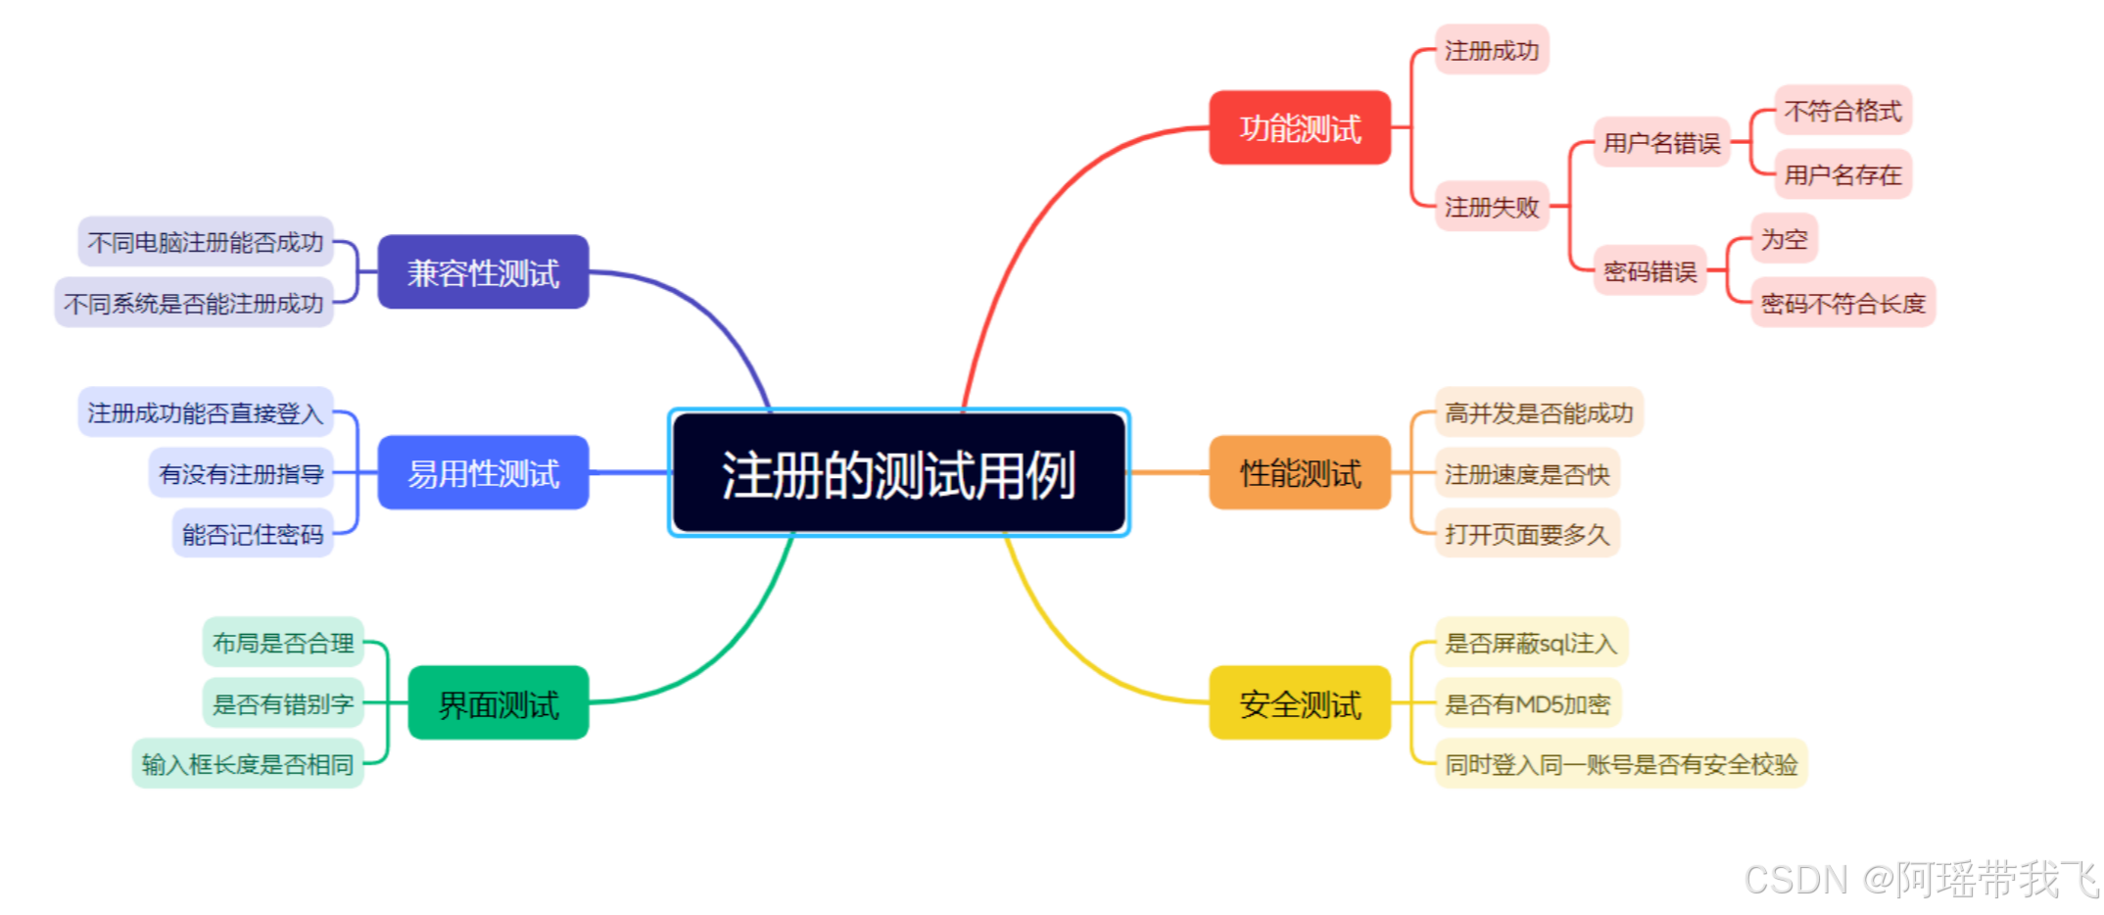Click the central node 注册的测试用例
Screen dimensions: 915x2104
(x=898, y=473)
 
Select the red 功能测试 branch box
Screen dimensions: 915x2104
(x=1299, y=127)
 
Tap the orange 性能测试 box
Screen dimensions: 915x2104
(x=1299, y=473)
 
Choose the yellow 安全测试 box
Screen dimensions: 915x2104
(x=1299, y=703)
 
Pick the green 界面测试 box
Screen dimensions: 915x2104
(x=498, y=703)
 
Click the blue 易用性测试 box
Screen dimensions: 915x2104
(x=483, y=473)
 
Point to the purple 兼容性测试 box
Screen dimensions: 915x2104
(x=483, y=272)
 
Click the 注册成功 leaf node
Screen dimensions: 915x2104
(x=1491, y=50)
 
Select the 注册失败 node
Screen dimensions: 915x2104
(x=1491, y=207)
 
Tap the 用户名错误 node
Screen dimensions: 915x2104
(x=1661, y=143)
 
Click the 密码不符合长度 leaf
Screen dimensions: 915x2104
(x=1841, y=303)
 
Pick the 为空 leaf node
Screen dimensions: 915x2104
(x=1784, y=239)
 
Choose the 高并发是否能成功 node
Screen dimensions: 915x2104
(x=1538, y=412)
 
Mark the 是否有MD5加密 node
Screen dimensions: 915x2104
(x=1527, y=703)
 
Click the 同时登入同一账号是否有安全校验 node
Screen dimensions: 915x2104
(x=1620, y=763)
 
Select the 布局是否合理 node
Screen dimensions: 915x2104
(x=283, y=643)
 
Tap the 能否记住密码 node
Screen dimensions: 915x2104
(x=253, y=534)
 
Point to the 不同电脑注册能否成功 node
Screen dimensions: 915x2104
(x=206, y=242)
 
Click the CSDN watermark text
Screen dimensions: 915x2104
(x=1920, y=879)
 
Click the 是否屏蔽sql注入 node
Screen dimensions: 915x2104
(x=1530, y=643)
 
